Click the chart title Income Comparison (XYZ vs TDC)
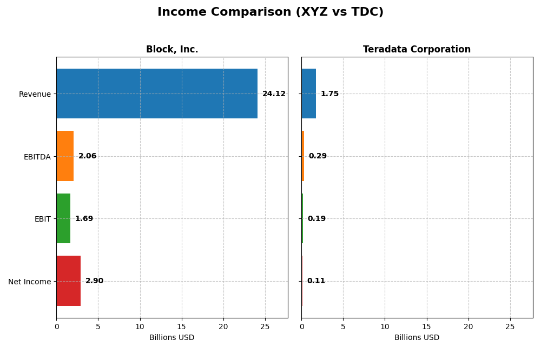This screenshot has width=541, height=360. pyautogui.click(x=270, y=12)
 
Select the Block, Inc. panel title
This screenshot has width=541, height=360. pyautogui.click(x=172, y=49)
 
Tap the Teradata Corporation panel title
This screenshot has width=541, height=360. pyautogui.click(x=417, y=49)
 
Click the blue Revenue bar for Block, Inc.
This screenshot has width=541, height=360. pyautogui.click(x=157, y=94)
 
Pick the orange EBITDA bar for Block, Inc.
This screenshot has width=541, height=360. pyautogui.click(x=65, y=156)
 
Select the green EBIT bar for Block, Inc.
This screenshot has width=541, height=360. pyautogui.click(x=63, y=218)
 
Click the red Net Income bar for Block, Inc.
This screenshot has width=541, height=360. pyautogui.click(x=69, y=281)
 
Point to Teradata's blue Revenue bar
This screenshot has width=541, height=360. pyautogui.click(x=308, y=94)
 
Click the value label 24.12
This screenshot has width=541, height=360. pyautogui.click(x=274, y=94)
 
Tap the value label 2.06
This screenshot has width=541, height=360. pyautogui.click(x=87, y=156)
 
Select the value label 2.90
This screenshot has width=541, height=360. pyautogui.click(x=94, y=281)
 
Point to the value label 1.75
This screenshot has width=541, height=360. pyautogui.click(x=329, y=94)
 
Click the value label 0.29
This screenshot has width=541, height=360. pyautogui.click(x=318, y=156)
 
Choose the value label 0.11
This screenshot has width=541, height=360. pyautogui.click(x=316, y=281)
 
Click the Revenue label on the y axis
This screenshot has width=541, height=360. pyautogui.click(x=35, y=94)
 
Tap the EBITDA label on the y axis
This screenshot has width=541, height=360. pyautogui.click(x=37, y=157)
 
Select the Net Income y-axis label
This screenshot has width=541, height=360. pyautogui.click(x=29, y=282)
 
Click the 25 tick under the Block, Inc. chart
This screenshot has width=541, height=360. pyautogui.click(x=265, y=326)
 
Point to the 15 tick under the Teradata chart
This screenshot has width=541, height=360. pyautogui.click(x=427, y=326)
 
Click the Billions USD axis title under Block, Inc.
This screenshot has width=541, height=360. pyautogui.click(x=172, y=337)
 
